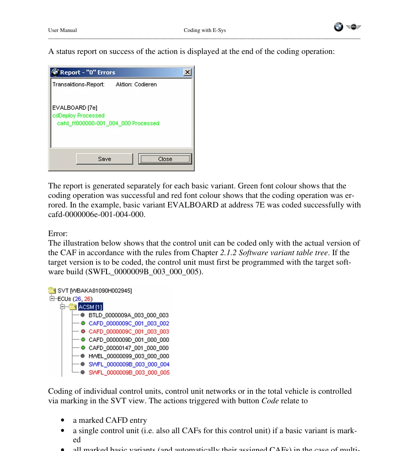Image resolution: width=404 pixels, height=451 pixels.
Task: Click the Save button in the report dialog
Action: point(104,159)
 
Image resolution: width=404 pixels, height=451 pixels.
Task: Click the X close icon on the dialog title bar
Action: point(187,72)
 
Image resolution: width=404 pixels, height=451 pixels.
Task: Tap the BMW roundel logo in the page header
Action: point(339,27)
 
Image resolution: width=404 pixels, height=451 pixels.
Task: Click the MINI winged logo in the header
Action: point(353,27)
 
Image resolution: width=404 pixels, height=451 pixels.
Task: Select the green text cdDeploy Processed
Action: point(78,115)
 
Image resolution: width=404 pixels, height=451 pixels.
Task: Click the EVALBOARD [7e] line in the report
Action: point(75,107)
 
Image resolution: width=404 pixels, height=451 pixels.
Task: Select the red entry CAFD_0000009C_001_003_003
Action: point(129,332)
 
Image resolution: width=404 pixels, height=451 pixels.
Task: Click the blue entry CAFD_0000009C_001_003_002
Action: point(129,323)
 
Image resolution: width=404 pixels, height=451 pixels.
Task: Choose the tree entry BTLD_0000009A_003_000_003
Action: point(128,315)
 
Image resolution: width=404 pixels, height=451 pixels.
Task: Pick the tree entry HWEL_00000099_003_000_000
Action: point(128,356)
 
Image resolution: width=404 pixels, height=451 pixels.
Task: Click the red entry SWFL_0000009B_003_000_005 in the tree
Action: point(129,373)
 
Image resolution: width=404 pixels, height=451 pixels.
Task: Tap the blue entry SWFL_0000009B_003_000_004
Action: point(129,364)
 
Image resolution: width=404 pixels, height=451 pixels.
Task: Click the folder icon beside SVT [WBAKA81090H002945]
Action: point(52,290)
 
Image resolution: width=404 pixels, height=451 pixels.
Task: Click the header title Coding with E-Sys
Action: point(205,30)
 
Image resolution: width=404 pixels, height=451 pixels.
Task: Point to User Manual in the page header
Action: point(63,30)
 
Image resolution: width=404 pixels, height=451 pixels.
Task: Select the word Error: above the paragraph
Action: point(58,234)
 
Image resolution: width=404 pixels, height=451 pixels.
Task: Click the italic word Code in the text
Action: point(270,401)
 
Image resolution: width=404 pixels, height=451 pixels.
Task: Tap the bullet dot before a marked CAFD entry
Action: point(62,420)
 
